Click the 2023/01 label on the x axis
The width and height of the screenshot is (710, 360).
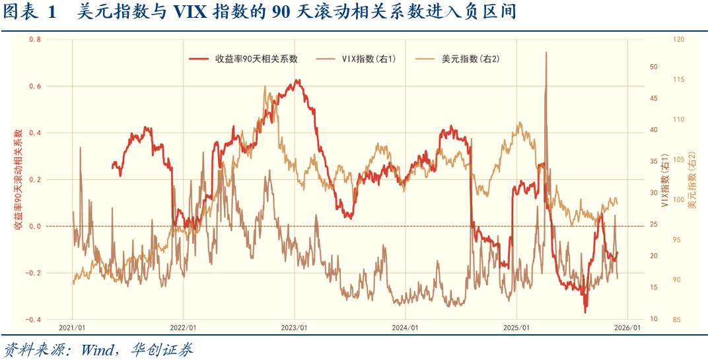(294, 328)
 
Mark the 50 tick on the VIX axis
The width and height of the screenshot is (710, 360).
(654, 67)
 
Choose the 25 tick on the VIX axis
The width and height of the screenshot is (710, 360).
(654, 225)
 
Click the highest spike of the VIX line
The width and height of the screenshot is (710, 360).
(546, 52)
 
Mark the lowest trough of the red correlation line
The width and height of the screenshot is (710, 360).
(585, 312)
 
